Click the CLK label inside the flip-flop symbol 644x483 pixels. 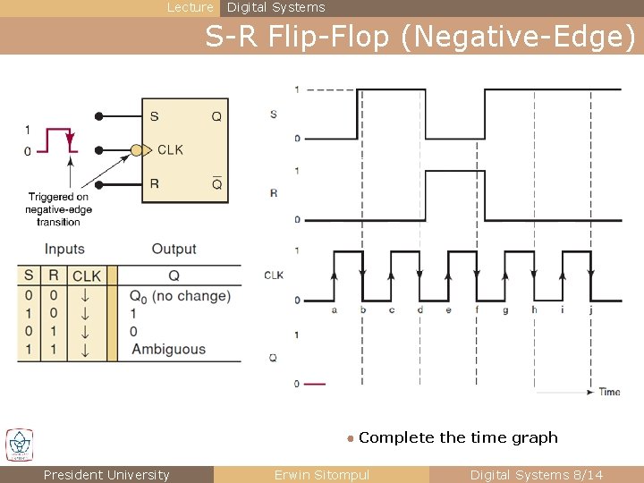[170, 150]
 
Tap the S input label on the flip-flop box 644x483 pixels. [155, 116]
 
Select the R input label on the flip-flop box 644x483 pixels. [155, 184]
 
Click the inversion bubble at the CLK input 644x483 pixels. [137, 150]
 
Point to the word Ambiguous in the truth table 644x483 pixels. [168, 350]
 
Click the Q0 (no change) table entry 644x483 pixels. [180, 296]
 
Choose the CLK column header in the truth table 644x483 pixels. [87, 275]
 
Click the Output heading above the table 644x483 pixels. [174, 250]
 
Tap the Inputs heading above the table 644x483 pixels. [64, 250]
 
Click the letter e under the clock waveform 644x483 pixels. [448, 310]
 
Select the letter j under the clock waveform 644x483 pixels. [591, 310]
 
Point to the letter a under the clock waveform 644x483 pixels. [334, 310]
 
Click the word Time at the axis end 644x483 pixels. [609, 392]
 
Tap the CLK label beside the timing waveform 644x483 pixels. [274, 275]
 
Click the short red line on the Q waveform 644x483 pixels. [315, 384]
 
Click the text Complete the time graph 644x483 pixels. [458, 437]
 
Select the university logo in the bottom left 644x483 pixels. [20, 445]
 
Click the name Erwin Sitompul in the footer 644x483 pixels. [321, 475]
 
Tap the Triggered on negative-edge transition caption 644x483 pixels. [60, 209]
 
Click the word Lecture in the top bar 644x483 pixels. [191, 7]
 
